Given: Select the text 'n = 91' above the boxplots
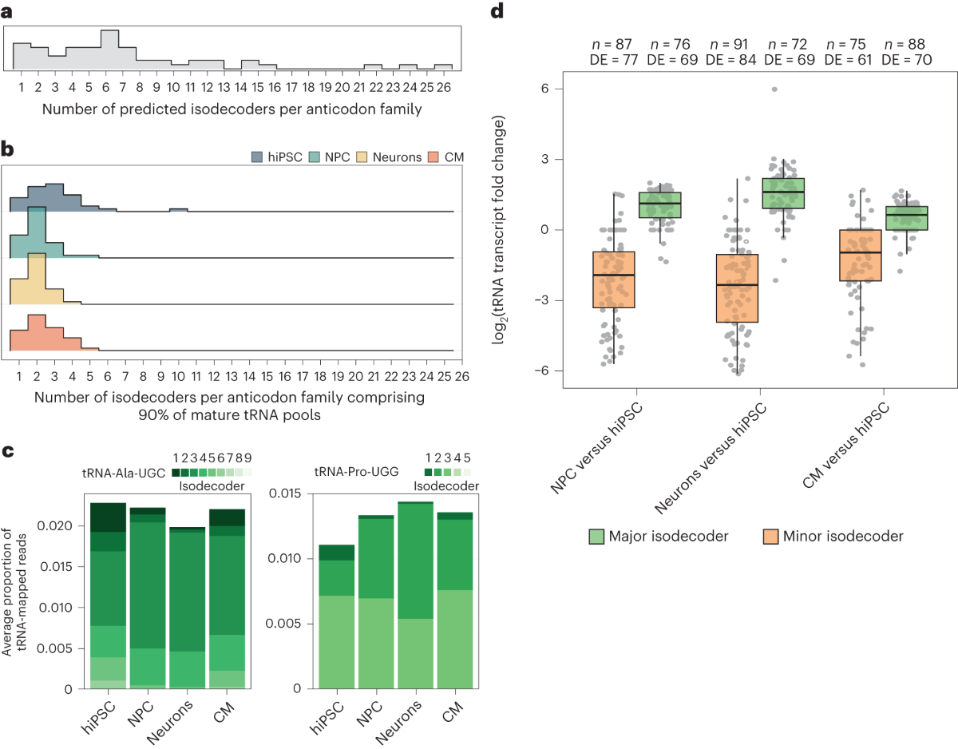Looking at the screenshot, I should (x=723, y=45).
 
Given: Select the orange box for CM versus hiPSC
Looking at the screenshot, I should (x=859, y=255).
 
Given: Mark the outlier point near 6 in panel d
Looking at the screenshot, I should (x=774, y=89).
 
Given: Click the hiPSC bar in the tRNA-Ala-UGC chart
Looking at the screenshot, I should (x=108, y=595).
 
